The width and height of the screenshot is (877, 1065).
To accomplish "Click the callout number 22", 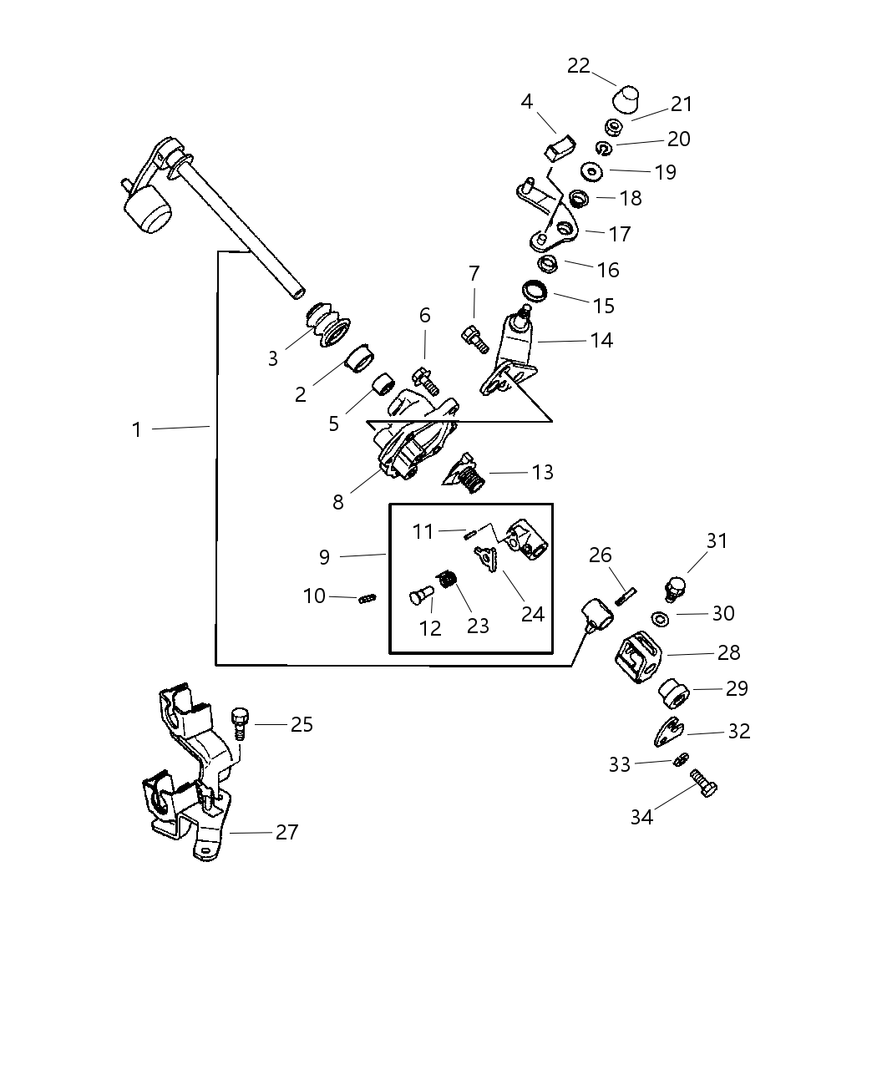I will click(x=578, y=66).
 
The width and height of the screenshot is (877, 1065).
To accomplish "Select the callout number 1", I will click(x=137, y=429).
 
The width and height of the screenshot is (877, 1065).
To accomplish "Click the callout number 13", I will click(x=542, y=472).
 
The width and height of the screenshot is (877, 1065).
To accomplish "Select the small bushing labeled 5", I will click(x=383, y=387).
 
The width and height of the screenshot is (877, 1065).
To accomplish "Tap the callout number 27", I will click(x=286, y=832).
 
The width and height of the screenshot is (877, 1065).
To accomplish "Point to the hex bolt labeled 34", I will click(x=705, y=784).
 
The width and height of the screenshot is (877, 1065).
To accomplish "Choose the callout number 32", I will click(x=738, y=731).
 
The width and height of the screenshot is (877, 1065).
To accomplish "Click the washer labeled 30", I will click(x=660, y=619).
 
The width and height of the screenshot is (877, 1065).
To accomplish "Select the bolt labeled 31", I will click(x=675, y=588).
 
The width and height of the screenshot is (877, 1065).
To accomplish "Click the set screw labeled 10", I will click(x=368, y=597).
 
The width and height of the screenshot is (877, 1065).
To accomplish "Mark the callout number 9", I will click(x=324, y=557).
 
